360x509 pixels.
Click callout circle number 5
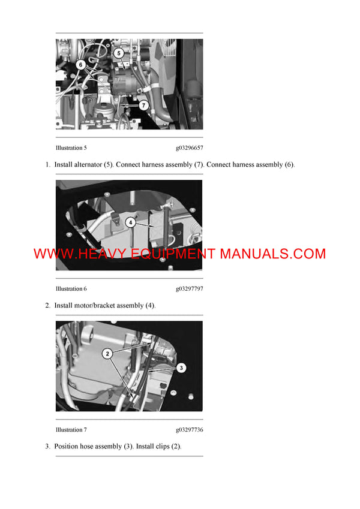[119, 53]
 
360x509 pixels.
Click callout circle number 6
[80, 64]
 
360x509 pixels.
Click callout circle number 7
[143, 104]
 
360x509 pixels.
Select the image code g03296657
[190, 147]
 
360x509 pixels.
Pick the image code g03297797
[190, 288]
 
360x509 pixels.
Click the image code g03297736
[190, 430]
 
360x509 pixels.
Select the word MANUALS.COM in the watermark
[273, 254]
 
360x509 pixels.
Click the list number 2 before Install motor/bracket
[47, 306]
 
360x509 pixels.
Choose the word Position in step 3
[67, 447]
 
